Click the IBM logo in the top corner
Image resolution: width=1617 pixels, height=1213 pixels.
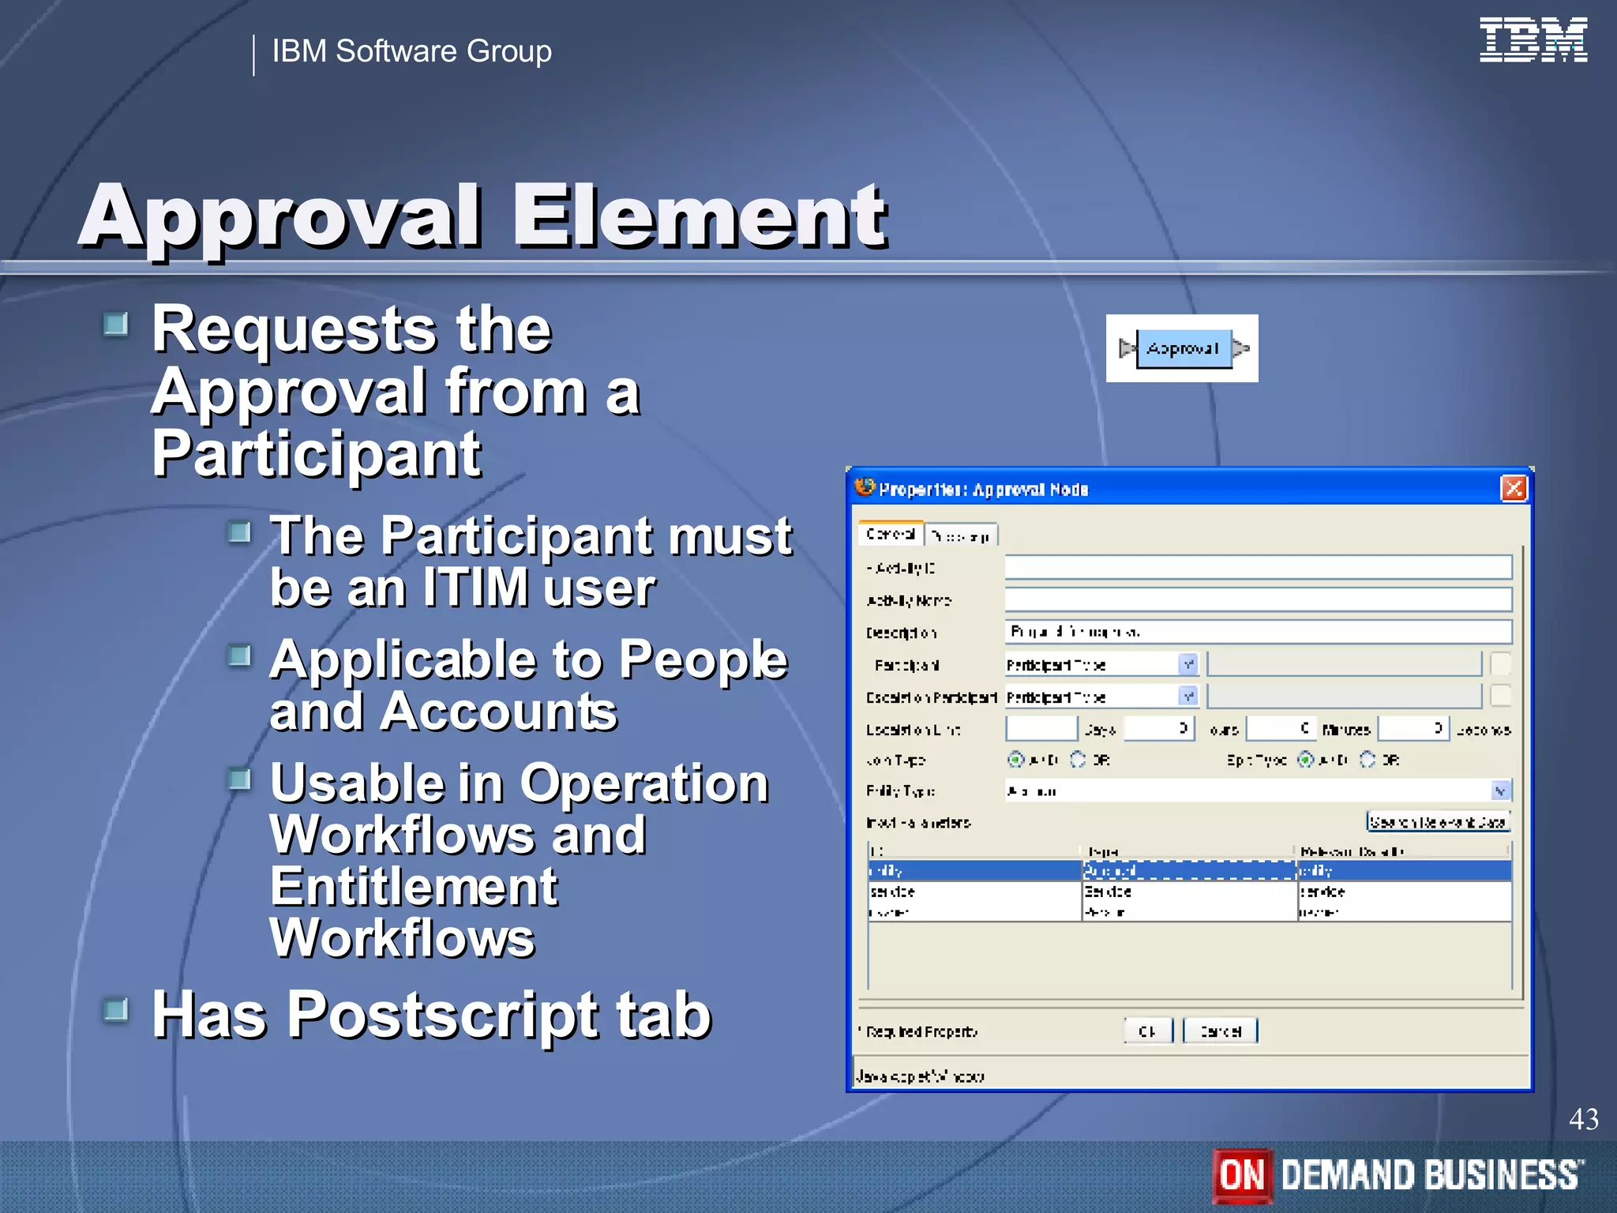(1533, 40)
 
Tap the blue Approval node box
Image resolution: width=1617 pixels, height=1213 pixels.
(1183, 349)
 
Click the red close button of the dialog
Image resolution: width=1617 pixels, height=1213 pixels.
(1513, 489)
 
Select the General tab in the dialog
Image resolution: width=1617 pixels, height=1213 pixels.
(890, 535)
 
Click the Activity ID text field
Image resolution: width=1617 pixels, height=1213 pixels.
(1257, 567)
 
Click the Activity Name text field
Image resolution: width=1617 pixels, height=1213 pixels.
(1257, 599)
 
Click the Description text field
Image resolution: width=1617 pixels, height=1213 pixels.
(1257, 632)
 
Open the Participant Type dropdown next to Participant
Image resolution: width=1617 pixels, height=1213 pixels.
(1187, 665)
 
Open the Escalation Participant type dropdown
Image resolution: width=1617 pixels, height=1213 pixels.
(1187, 697)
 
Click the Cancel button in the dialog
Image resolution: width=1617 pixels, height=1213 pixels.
(1220, 1031)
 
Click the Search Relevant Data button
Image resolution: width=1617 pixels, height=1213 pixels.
(1438, 822)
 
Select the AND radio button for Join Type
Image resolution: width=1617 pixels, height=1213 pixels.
(1016, 760)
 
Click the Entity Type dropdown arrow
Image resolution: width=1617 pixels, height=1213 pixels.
(1500, 791)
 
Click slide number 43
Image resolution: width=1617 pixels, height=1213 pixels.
(1583, 1119)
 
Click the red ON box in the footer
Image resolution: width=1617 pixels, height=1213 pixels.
(1242, 1175)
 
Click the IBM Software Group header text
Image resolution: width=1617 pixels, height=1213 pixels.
(411, 51)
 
